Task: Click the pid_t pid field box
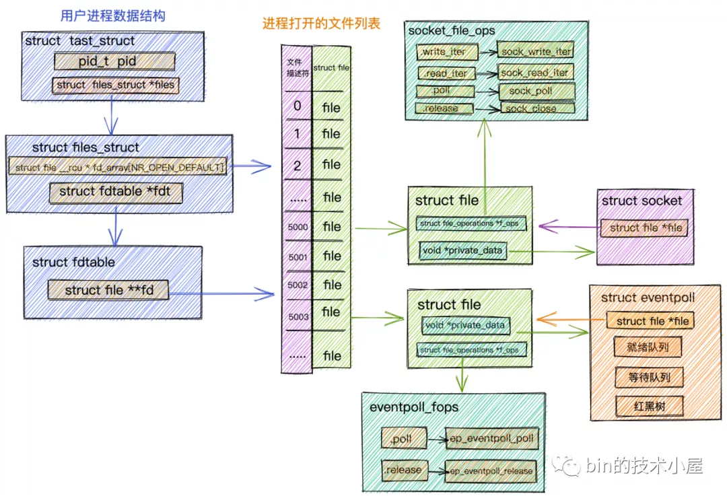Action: pyautogui.click(x=113, y=61)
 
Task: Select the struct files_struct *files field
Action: pyautogui.click(x=115, y=85)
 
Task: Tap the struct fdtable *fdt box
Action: pyautogui.click(x=115, y=192)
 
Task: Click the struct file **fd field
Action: pyautogui.click(x=108, y=291)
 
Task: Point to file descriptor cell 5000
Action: pyautogui.click(x=297, y=227)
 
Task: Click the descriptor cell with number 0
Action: pyautogui.click(x=297, y=106)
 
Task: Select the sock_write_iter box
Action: pyautogui.click(x=536, y=51)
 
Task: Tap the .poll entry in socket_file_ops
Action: pyautogui.click(x=445, y=91)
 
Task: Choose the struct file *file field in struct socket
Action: pyautogui.click(x=645, y=228)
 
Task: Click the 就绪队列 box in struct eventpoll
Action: pyautogui.click(x=648, y=347)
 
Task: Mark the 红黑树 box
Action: pyautogui.click(x=649, y=406)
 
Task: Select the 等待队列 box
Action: pyautogui.click(x=649, y=377)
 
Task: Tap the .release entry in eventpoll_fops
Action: pyautogui.click(x=403, y=470)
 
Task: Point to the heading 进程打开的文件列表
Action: pyautogui.click(x=321, y=24)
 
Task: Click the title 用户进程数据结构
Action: pyautogui.click(x=112, y=16)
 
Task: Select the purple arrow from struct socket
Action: pyautogui.click(x=568, y=227)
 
